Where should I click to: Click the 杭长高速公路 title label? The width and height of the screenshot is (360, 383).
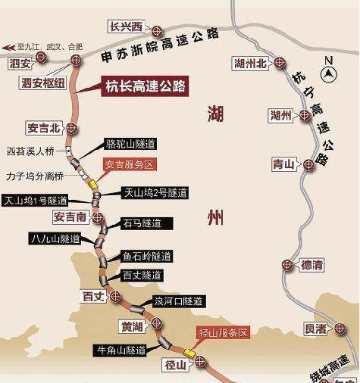145,86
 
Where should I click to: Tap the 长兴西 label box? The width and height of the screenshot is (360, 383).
127,28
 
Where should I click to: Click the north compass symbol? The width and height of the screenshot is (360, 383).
330,73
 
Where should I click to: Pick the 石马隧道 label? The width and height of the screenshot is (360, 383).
141,223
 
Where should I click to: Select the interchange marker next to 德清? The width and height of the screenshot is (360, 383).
286,265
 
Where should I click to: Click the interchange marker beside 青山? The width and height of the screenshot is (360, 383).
309,163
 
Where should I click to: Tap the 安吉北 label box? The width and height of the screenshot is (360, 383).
44,127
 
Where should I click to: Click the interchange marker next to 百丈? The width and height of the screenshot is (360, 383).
115,295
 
